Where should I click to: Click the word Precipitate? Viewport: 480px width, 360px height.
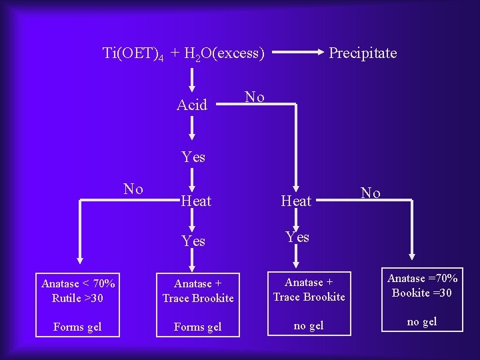tap(363, 53)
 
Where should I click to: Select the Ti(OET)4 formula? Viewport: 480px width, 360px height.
tap(133, 53)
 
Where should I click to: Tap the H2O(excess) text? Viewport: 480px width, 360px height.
tap(223, 53)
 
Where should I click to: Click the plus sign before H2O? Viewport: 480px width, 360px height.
tap(174, 53)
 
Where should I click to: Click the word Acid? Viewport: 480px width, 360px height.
tap(192, 105)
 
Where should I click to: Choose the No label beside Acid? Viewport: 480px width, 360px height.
tap(255, 97)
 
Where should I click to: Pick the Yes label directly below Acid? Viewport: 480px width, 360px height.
tap(193, 157)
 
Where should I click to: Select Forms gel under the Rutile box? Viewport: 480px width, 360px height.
tap(78, 327)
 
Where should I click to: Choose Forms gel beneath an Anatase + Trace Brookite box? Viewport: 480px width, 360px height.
tap(198, 327)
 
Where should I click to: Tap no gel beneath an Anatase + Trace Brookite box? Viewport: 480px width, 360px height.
tap(309, 326)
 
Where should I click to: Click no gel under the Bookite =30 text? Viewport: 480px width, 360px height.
tap(422, 321)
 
